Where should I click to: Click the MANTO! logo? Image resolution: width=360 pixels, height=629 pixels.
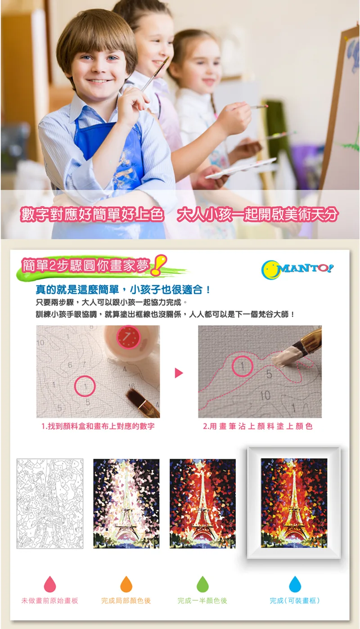pos(297,270)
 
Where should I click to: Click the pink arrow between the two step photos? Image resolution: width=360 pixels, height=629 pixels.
pos(179,373)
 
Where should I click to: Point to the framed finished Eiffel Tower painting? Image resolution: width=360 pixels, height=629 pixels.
pos(294,503)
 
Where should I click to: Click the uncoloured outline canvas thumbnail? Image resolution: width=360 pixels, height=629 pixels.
pos(50,503)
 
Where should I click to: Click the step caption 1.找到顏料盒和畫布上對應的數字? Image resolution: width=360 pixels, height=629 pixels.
pos(98,426)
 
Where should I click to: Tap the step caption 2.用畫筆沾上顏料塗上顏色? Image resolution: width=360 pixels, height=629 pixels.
pos(258,426)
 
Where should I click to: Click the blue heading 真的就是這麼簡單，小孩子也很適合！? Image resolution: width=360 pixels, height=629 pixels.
pos(123,289)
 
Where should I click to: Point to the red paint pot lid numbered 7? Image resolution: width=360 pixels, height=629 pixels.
pos(128,337)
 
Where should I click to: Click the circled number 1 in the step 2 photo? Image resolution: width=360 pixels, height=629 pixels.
pos(243,366)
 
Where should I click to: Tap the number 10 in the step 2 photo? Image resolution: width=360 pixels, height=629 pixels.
pos(265,395)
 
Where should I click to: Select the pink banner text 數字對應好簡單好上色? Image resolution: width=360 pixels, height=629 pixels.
pos(92,215)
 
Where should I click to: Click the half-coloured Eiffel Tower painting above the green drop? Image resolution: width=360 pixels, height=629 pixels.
pos(202,503)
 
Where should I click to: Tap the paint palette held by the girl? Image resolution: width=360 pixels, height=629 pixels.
pos(241,168)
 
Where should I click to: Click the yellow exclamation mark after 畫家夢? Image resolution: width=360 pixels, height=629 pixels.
pos(158,265)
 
